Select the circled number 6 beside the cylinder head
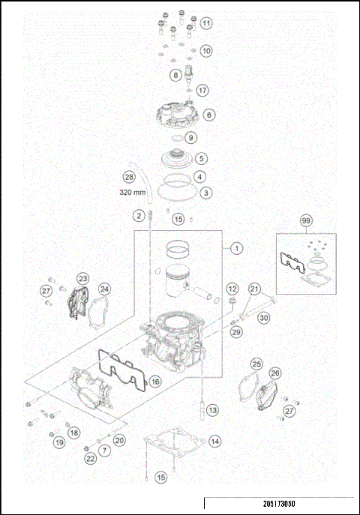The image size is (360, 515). [208, 115]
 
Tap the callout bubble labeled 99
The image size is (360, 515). [305, 221]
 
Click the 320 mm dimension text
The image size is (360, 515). [133, 192]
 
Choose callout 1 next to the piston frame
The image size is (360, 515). [236, 247]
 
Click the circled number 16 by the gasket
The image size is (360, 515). [154, 382]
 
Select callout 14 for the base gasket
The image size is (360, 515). [214, 442]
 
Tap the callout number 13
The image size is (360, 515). [213, 410]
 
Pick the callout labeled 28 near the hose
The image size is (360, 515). [129, 177]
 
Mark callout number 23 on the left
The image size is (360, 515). [82, 278]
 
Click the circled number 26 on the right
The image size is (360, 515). [275, 373]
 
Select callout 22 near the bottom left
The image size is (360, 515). [90, 458]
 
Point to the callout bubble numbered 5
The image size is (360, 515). [201, 158]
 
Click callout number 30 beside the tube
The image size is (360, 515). [263, 317]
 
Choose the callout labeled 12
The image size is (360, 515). [232, 289]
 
